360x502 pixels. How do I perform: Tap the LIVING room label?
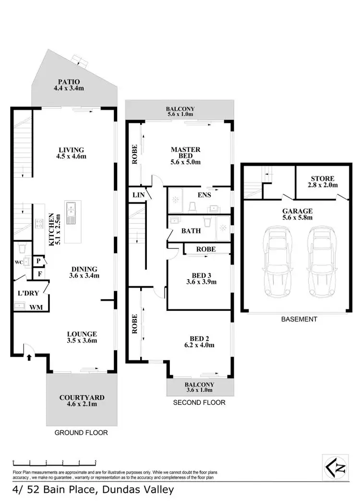[70, 149]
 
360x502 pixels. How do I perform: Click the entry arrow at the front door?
[30, 357]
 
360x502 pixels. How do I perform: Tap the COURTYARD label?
[82, 397]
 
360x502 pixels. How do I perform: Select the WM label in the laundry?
[35, 306]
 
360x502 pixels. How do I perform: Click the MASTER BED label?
[185, 149]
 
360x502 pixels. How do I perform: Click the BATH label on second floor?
[191, 231]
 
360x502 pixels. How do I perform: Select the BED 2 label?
[198, 338]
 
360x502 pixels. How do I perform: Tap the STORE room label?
[322, 178]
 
